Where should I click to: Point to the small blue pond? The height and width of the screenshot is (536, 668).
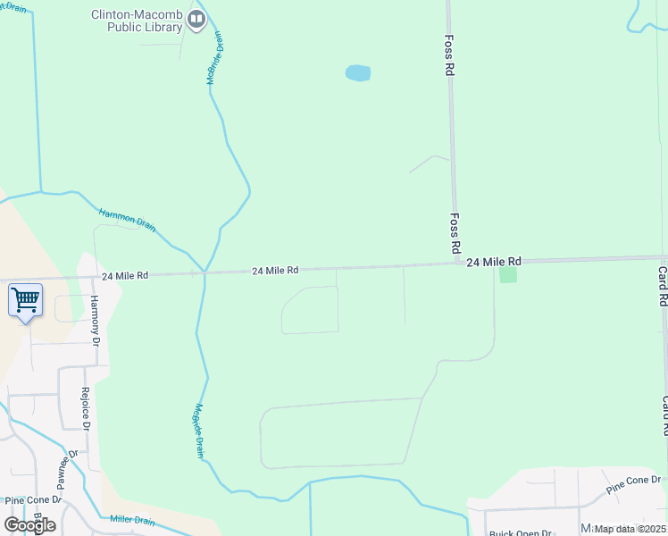[357, 73]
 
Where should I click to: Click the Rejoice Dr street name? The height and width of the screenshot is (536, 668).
[87, 407]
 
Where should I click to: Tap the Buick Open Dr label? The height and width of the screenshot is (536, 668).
[519, 532]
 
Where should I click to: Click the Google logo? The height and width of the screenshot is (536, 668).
[29, 524]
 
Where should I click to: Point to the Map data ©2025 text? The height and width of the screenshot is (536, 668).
[630, 529]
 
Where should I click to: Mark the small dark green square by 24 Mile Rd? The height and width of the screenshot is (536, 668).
[508, 275]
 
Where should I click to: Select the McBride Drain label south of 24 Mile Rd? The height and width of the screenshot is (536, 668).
[198, 431]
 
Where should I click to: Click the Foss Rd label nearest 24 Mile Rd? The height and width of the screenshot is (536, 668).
[455, 231]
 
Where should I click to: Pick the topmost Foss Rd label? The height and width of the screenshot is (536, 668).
[450, 55]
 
